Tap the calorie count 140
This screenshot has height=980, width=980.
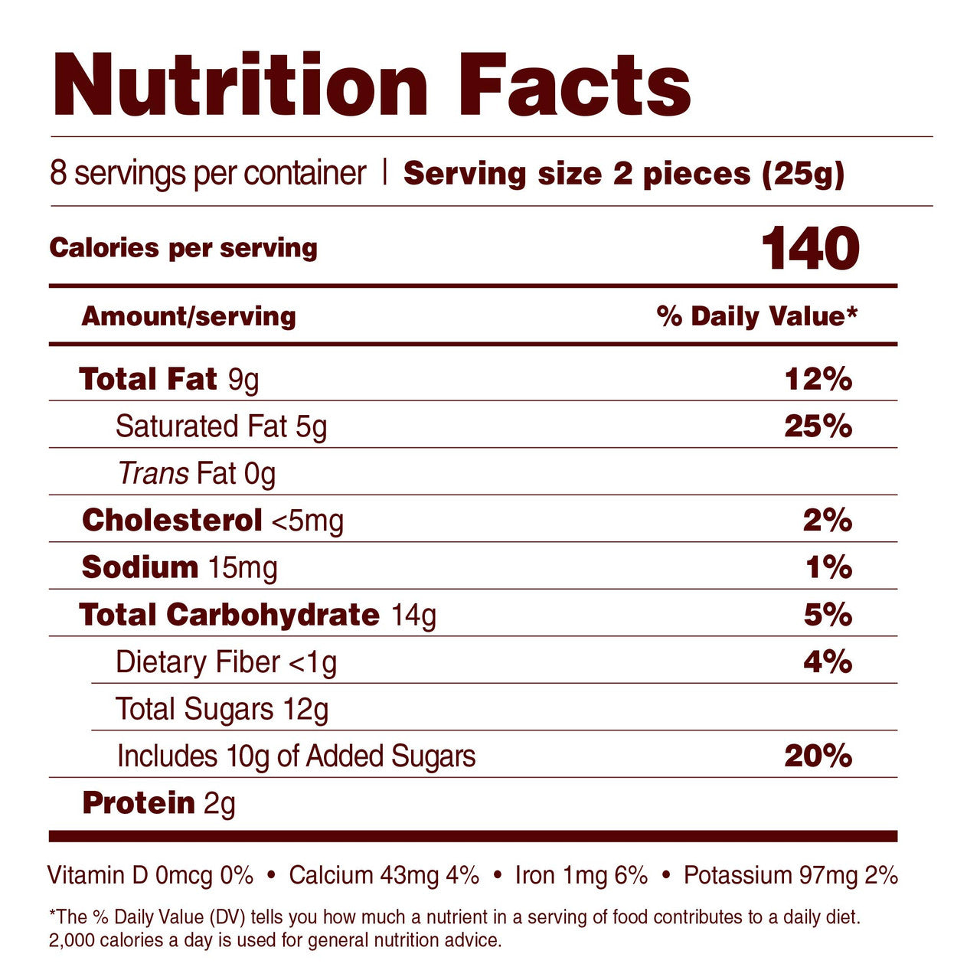(811, 249)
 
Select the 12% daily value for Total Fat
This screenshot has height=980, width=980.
(818, 379)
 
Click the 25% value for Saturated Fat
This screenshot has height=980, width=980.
(818, 426)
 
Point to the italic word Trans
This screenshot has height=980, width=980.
(153, 473)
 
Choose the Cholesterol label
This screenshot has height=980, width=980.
(172, 521)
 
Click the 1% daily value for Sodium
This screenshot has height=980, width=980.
(828, 567)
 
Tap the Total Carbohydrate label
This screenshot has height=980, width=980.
(229, 615)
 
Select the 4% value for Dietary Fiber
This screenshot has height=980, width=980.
(828, 661)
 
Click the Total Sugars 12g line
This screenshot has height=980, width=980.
(222, 709)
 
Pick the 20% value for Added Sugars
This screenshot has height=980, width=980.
(818, 756)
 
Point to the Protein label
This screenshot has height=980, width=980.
(139, 803)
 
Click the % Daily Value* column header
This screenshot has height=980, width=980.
(756, 316)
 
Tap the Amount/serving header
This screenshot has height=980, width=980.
(188, 316)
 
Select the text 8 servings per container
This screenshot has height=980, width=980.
(208, 173)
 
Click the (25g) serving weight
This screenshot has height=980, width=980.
(803, 175)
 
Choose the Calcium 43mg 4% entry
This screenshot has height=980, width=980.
(384, 875)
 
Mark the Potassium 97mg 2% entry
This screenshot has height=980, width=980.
(790, 875)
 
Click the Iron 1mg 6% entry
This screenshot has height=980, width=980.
(581, 875)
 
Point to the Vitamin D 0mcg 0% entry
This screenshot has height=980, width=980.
(150, 875)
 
